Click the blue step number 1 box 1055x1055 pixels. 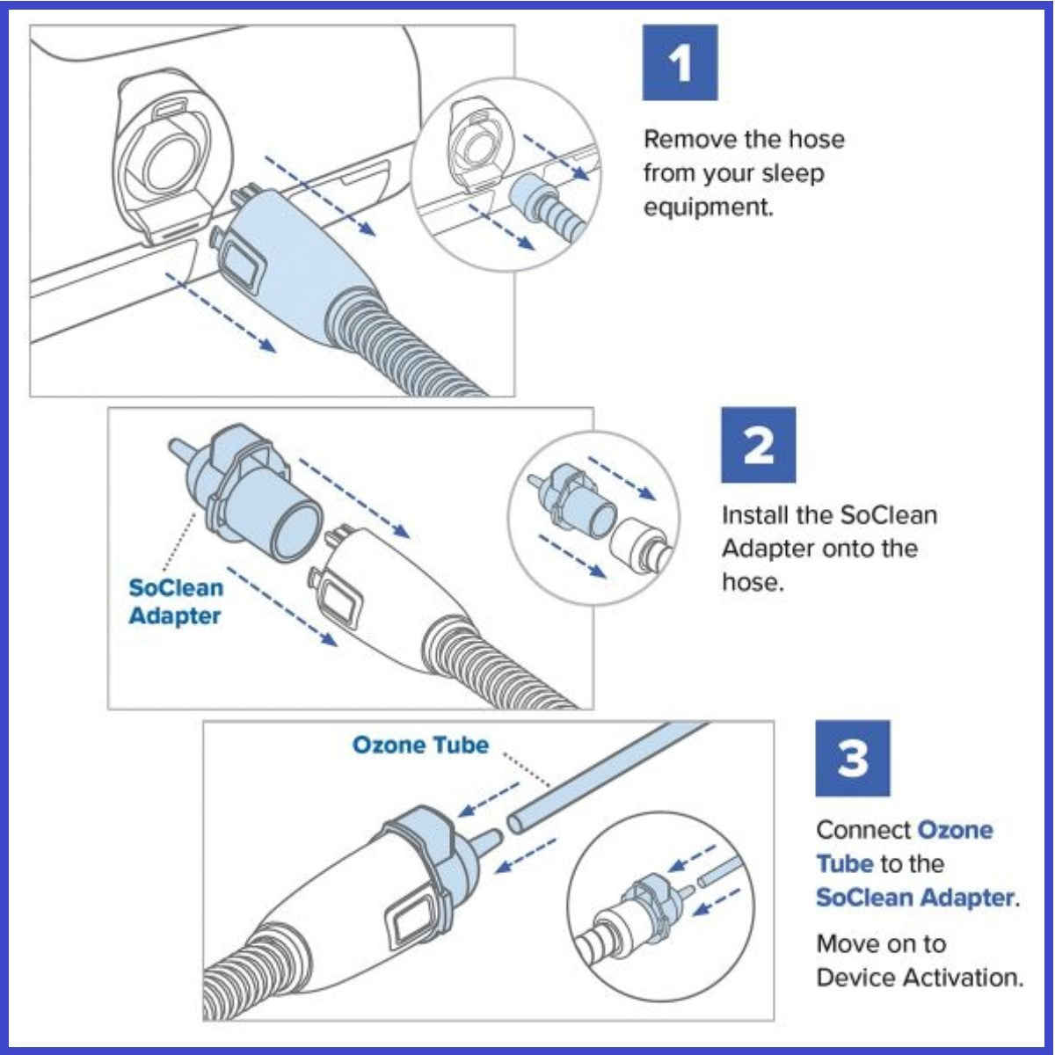tap(680, 62)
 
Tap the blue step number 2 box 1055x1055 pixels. tap(758, 445)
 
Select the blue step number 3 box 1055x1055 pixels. tap(852, 758)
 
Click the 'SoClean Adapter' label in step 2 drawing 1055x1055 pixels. tap(176, 602)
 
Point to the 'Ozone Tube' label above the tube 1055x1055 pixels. tap(419, 746)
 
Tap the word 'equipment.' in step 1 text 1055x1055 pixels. tap(709, 207)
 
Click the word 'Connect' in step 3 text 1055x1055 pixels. tap(863, 830)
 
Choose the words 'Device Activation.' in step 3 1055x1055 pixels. tap(920, 978)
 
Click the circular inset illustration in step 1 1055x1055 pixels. tap(506, 180)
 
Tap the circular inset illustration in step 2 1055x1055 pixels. tap(594, 519)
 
